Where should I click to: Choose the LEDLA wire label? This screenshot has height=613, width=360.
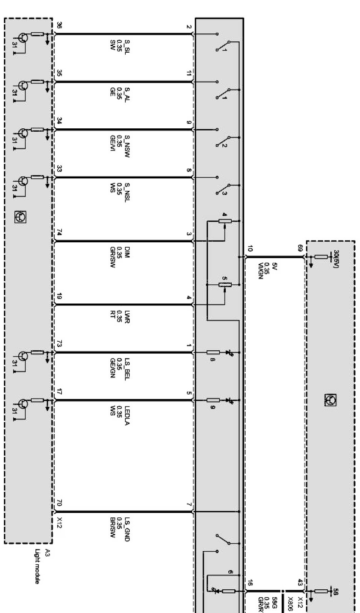[x=127, y=415]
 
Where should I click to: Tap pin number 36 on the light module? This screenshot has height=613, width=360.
[x=59, y=26]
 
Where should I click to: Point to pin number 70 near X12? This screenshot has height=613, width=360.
[x=59, y=503]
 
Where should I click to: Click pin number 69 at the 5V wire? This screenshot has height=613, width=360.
[x=300, y=248]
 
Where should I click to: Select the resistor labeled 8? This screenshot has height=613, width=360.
[x=213, y=353]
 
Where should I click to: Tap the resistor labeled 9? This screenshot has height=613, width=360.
[x=213, y=400]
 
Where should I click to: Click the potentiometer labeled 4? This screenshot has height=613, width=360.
[x=225, y=221]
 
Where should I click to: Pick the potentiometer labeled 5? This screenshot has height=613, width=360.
[x=225, y=284]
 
